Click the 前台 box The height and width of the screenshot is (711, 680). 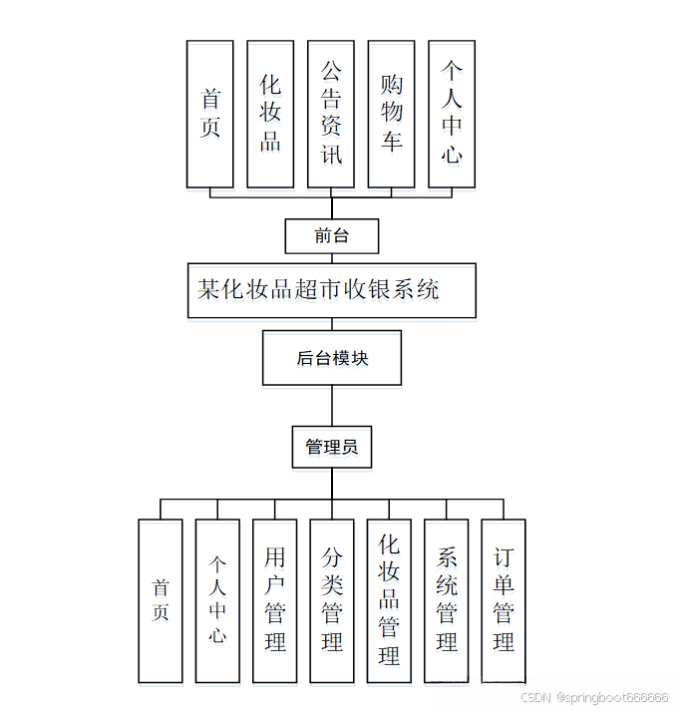pyautogui.click(x=331, y=236)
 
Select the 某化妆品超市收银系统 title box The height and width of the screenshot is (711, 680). pyautogui.click(x=331, y=290)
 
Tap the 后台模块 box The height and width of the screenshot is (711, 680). pyautogui.click(x=331, y=358)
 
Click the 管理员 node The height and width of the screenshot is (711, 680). pyautogui.click(x=331, y=447)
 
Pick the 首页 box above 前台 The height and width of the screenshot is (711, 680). pyautogui.click(x=210, y=114)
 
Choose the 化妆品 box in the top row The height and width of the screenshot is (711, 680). pyautogui.click(x=270, y=114)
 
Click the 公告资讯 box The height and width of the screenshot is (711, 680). pyautogui.click(x=331, y=114)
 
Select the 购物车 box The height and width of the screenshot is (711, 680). pyautogui.click(x=392, y=114)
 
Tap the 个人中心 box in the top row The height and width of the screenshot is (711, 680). pyautogui.click(x=452, y=114)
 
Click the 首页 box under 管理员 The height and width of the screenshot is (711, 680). pyautogui.click(x=161, y=600)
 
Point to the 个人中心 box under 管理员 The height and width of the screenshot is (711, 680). pyautogui.click(x=217, y=600)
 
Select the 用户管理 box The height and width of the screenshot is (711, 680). pyautogui.click(x=274, y=600)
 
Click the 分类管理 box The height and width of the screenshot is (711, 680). pyautogui.click(x=332, y=600)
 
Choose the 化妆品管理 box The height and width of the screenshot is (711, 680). pyautogui.click(x=389, y=600)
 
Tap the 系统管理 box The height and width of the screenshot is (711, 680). pyautogui.click(x=447, y=600)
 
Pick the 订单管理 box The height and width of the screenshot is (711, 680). pyautogui.click(x=504, y=600)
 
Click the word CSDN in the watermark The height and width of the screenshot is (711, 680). pyautogui.click(x=536, y=698)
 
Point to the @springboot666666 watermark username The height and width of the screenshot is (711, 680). pyautogui.click(x=612, y=698)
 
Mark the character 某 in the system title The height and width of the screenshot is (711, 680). pyautogui.click(x=207, y=290)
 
